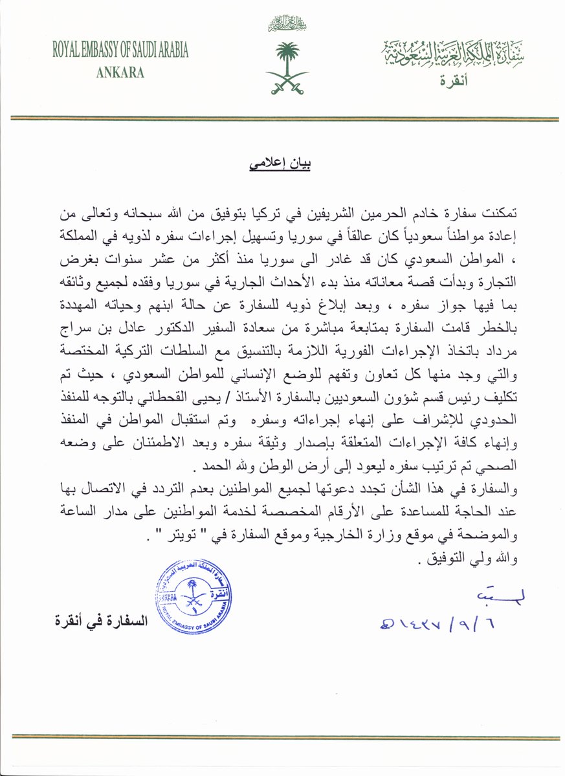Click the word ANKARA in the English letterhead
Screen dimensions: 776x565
click(x=120, y=72)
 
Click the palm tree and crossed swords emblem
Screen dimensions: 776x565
click(x=287, y=68)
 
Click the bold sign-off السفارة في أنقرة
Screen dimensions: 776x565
click(x=102, y=622)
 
